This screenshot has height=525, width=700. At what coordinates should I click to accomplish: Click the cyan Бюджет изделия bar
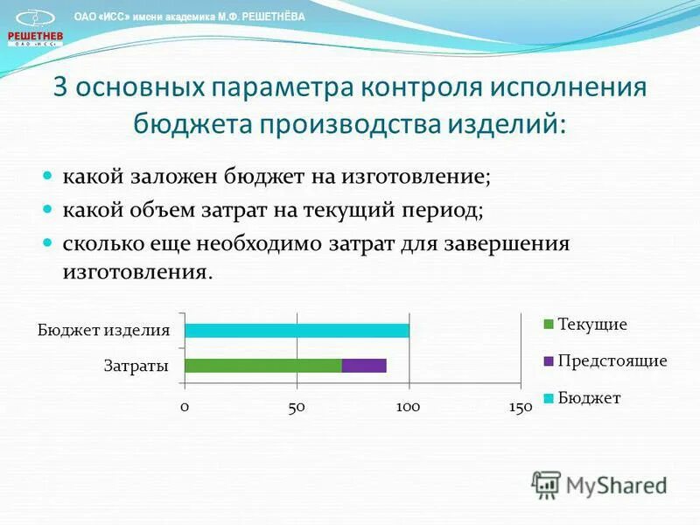tap(297, 331)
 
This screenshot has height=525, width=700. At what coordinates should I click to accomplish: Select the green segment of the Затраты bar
tap(262, 366)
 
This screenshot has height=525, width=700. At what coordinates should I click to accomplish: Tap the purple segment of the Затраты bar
tap(364, 366)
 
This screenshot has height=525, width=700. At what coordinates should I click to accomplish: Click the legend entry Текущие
tap(591, 325)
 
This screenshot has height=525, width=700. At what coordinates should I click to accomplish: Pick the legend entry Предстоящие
tap(612, 360)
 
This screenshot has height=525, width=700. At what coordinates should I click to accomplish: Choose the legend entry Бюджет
tap(588, 398)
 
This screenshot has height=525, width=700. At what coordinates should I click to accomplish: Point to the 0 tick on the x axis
tap(185, 407)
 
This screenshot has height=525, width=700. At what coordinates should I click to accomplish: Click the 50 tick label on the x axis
tap(297, 407)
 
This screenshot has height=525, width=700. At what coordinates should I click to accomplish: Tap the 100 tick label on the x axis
tap(409, 407)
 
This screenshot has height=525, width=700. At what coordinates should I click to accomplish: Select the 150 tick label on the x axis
tap(520, 408)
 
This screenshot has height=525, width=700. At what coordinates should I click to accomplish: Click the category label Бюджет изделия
tap(103, 331)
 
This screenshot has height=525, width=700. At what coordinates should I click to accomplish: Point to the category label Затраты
tap(136, 366)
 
